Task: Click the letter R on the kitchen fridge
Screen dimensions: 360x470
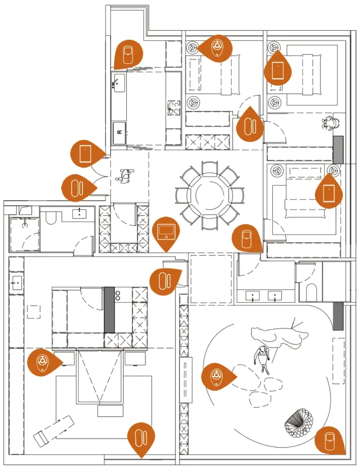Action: click(x=119, y=132)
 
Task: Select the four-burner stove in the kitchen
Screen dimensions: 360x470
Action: click(x=174, y=107)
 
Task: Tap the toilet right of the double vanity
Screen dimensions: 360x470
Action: click(x=311, y=291)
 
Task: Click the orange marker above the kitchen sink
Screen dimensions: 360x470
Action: click(x=129, y=55)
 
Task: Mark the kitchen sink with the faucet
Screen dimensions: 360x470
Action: click(x=119, y=84)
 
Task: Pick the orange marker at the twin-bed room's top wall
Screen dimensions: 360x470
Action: click(x=217, y=48)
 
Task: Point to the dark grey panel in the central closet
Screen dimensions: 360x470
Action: click(x=110, y=309)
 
